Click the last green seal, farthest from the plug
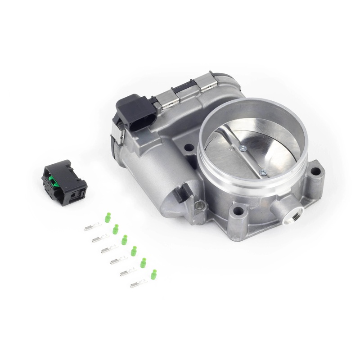154,274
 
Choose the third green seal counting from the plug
125,239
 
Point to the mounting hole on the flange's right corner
317,171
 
